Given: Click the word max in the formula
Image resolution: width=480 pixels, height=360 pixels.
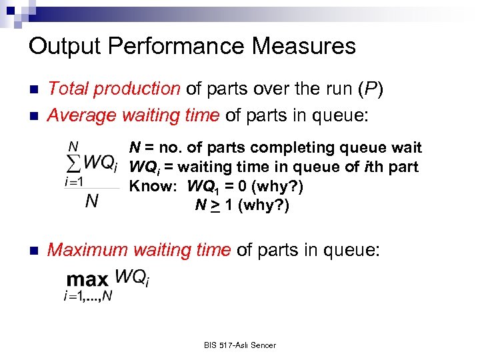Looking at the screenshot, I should coord(88,280).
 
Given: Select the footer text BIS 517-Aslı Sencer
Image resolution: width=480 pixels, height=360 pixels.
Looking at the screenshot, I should coord(240,345).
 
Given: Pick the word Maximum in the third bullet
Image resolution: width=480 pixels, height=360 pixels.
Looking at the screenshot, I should coord(87,250).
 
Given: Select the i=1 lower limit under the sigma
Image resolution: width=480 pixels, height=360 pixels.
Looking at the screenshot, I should coord(74,181).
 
